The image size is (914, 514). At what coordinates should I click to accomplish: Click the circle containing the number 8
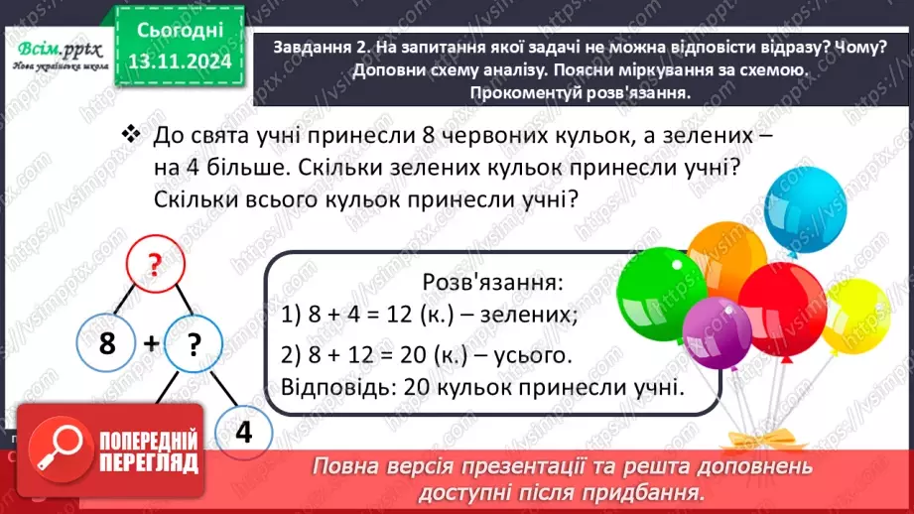108,344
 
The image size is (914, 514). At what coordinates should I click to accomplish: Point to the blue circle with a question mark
195,344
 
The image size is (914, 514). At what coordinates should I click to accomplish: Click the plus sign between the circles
151,344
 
